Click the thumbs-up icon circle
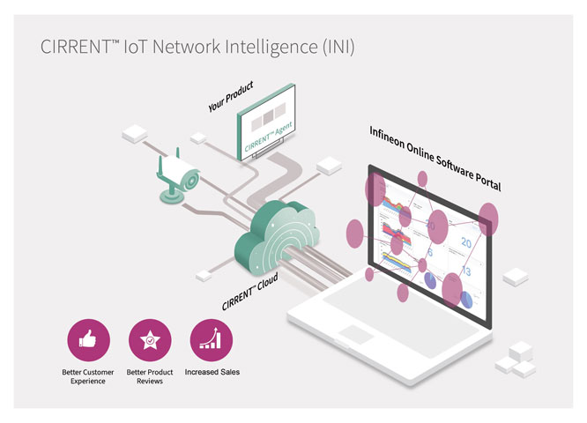[88, 340]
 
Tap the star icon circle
[150, 340]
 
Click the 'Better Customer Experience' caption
[88, 377]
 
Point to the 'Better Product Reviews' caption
[150, 377]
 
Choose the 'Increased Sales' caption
[212, 372]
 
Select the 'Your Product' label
[231, 97]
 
